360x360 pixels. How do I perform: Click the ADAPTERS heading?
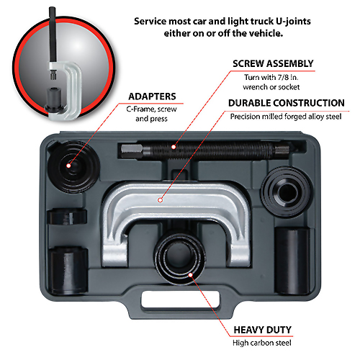click(152, 96)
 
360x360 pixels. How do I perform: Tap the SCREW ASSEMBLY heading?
click(273, 63)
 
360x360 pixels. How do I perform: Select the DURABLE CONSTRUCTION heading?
click(287, 103)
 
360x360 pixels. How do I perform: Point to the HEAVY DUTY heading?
click(263, 330)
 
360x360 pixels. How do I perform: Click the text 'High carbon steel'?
click(262, 343)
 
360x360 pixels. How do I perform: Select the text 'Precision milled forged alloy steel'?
click(286, 117)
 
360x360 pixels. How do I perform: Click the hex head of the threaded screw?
click(132, 151)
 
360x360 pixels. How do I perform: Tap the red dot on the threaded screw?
click(174, 147)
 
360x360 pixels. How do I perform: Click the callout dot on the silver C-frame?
click(161, 200)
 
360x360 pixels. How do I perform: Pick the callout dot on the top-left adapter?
click(68, 166)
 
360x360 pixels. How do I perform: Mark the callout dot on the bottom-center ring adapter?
click(190, 274)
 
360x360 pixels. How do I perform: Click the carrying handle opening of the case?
click(181, 299)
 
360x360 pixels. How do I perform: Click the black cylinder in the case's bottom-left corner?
click(68, 270)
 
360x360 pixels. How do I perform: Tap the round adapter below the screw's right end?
click(287, 192)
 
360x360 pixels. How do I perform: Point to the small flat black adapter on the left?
click(67, 217)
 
